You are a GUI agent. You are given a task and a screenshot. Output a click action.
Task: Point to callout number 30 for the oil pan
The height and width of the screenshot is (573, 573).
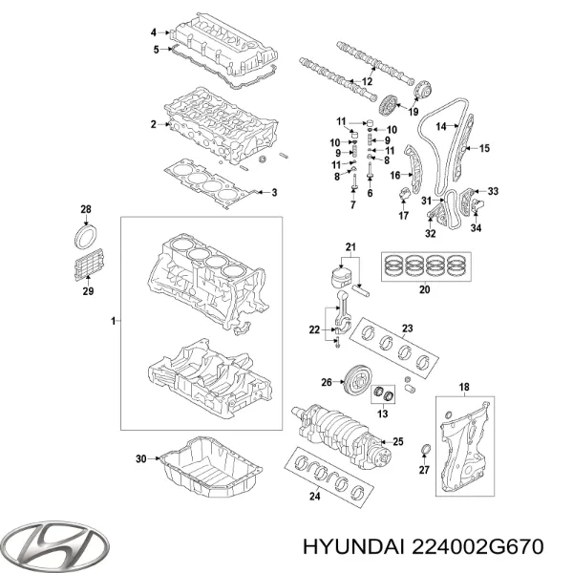coord(141,460)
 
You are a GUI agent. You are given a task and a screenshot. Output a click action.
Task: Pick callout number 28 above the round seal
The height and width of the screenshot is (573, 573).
coord(84,209)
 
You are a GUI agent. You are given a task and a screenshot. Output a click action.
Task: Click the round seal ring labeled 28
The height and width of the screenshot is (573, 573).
coord(85,236)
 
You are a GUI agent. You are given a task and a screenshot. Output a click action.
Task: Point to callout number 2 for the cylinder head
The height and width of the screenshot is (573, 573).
coord(153,124)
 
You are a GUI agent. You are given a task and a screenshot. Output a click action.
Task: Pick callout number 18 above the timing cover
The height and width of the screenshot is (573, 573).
coord(465,387)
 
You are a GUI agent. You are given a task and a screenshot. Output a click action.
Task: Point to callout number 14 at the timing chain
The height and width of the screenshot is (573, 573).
coord(440,125)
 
